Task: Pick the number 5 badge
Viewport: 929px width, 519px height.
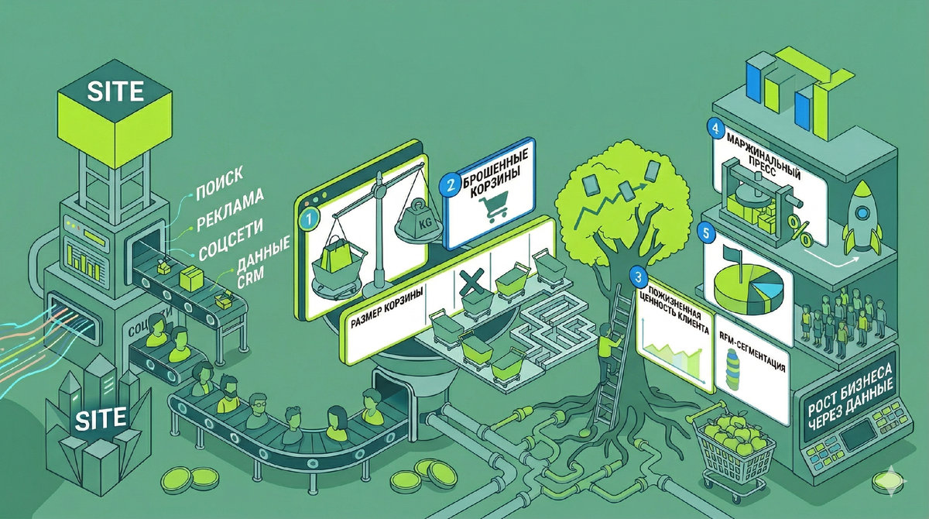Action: pyautogui.click(x=704, y=231)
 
